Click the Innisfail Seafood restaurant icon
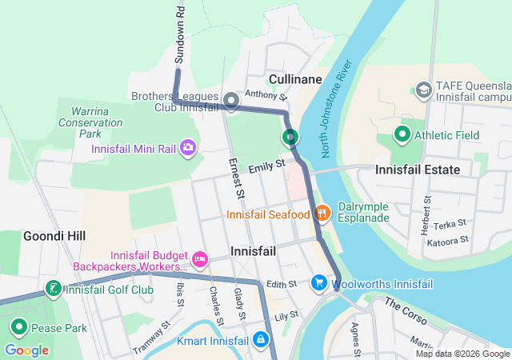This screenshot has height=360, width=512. [322, 213]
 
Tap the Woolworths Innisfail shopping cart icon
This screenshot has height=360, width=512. [319, 283]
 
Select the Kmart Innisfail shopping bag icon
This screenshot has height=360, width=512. [260, 339]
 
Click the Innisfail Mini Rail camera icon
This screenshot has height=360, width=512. [188, 147]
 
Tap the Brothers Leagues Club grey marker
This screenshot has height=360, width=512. [231, 101]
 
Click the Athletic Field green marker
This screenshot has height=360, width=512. [402, 134]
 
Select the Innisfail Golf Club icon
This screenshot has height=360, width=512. [53, 289]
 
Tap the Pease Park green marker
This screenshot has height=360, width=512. [18, 327]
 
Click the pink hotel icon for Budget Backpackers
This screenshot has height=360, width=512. [200, 258]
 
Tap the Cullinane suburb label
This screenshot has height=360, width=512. [295, 79]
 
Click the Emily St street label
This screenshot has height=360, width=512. [266, 167]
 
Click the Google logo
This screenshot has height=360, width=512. [26, 350]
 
